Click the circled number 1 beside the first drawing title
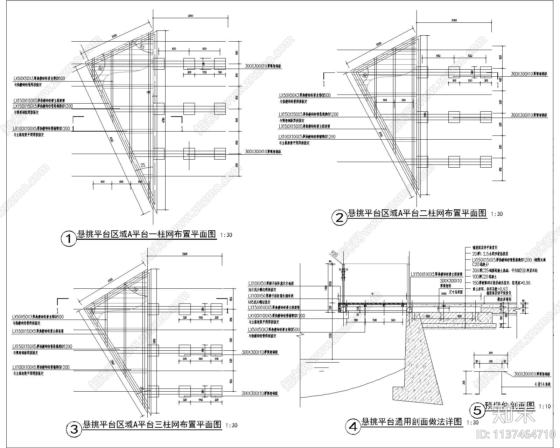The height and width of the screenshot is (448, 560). (x=69, y=239)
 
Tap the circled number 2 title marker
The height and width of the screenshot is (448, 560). (x=339, y=218)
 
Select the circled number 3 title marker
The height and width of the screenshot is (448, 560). (x=74, y=429)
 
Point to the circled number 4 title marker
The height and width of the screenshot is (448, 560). (x=353, y=426)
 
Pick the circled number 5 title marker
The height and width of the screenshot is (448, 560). (x=477, y=410)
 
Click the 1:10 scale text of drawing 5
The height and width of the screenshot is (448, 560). (x=545, y=406)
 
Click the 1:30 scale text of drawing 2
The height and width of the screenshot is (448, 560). (x=497, y=214)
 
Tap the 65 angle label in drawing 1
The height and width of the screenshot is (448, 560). (x=142, y=47)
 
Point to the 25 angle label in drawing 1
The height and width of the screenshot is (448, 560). (x=142, y=165)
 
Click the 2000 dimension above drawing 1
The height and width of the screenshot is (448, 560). (x=190, y=16)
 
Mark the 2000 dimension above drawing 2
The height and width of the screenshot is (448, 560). (x=454, y=21)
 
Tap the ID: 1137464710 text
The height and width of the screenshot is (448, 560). (x=516, y=434)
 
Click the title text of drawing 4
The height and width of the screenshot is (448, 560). (x=412, y=421)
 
